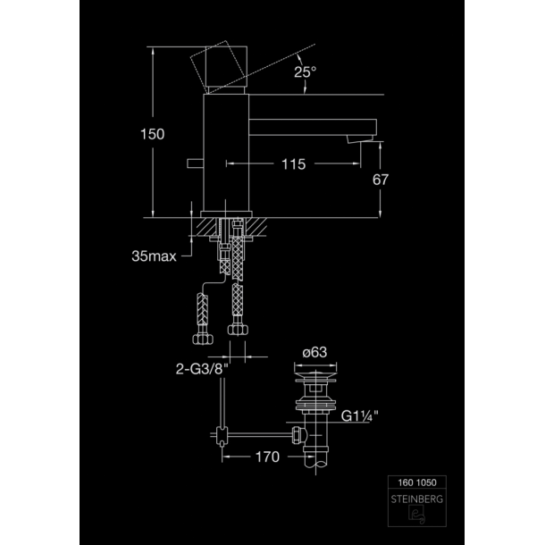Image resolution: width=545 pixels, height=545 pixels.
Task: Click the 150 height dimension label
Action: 152,134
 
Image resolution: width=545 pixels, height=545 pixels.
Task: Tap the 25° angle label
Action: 306,72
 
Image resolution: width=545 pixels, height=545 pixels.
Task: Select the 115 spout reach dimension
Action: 294,164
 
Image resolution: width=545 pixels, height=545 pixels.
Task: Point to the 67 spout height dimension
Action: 381,180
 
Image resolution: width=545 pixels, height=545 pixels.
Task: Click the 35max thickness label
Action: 154,256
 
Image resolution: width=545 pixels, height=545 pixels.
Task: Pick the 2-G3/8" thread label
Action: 202,369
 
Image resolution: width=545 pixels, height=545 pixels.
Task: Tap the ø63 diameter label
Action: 314,352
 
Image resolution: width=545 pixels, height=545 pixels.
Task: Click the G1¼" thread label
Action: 359,415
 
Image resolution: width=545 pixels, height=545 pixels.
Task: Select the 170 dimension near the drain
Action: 267,457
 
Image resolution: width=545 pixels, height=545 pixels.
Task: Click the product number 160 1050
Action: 417,482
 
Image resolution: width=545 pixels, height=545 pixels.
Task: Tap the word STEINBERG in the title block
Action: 416,499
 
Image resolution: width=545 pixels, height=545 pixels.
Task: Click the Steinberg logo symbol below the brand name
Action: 416,515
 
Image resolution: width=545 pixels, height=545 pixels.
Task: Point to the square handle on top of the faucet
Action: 226,66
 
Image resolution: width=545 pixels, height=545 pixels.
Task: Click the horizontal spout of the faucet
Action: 313,127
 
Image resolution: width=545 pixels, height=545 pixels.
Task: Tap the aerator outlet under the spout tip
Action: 360,138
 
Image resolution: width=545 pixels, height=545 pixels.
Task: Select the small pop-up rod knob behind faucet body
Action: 195,163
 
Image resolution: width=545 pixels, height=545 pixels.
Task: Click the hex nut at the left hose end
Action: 203,339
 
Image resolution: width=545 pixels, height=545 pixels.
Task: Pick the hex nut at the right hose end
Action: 238,329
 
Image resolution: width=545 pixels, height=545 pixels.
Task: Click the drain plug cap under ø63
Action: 315,376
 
